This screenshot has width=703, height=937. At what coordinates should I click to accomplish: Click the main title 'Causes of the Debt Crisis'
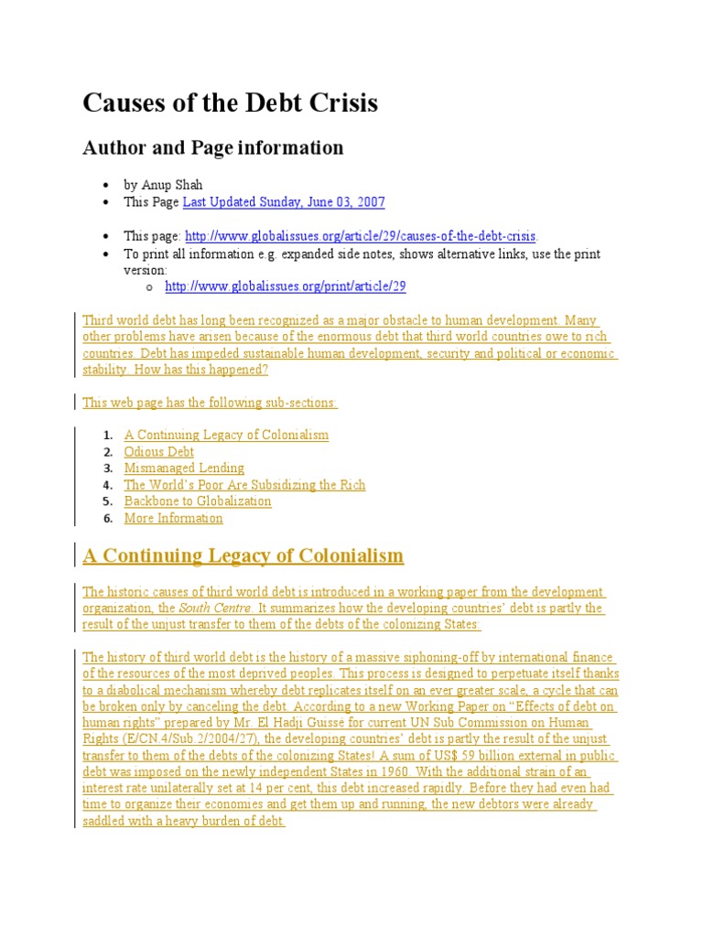click(x=230, y=103)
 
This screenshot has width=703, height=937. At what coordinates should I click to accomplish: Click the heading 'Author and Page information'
click(x=213, y=147)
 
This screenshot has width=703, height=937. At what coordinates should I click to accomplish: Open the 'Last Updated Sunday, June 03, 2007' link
click(x=284, y=201)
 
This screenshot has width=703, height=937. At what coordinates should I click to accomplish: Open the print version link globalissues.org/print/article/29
click(x=285, y=286)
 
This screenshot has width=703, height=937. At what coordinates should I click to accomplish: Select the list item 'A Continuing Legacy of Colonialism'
click(x=226, y=435)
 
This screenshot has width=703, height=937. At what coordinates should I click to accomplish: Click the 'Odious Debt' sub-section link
click(x=159, y=451)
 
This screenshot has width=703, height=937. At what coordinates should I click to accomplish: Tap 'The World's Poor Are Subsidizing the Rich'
click(x=244, y=485)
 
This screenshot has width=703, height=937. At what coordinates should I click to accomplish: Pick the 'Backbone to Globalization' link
click(x=198, y=501)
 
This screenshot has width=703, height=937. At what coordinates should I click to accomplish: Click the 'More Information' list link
click(x=173, y=518)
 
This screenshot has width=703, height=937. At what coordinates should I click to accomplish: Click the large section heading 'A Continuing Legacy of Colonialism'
click(x=243, y=555)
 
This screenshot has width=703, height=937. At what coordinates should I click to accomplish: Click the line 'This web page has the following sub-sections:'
click(x=210, y=403)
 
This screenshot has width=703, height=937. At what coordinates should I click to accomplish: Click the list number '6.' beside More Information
click(x=107, y=519)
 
